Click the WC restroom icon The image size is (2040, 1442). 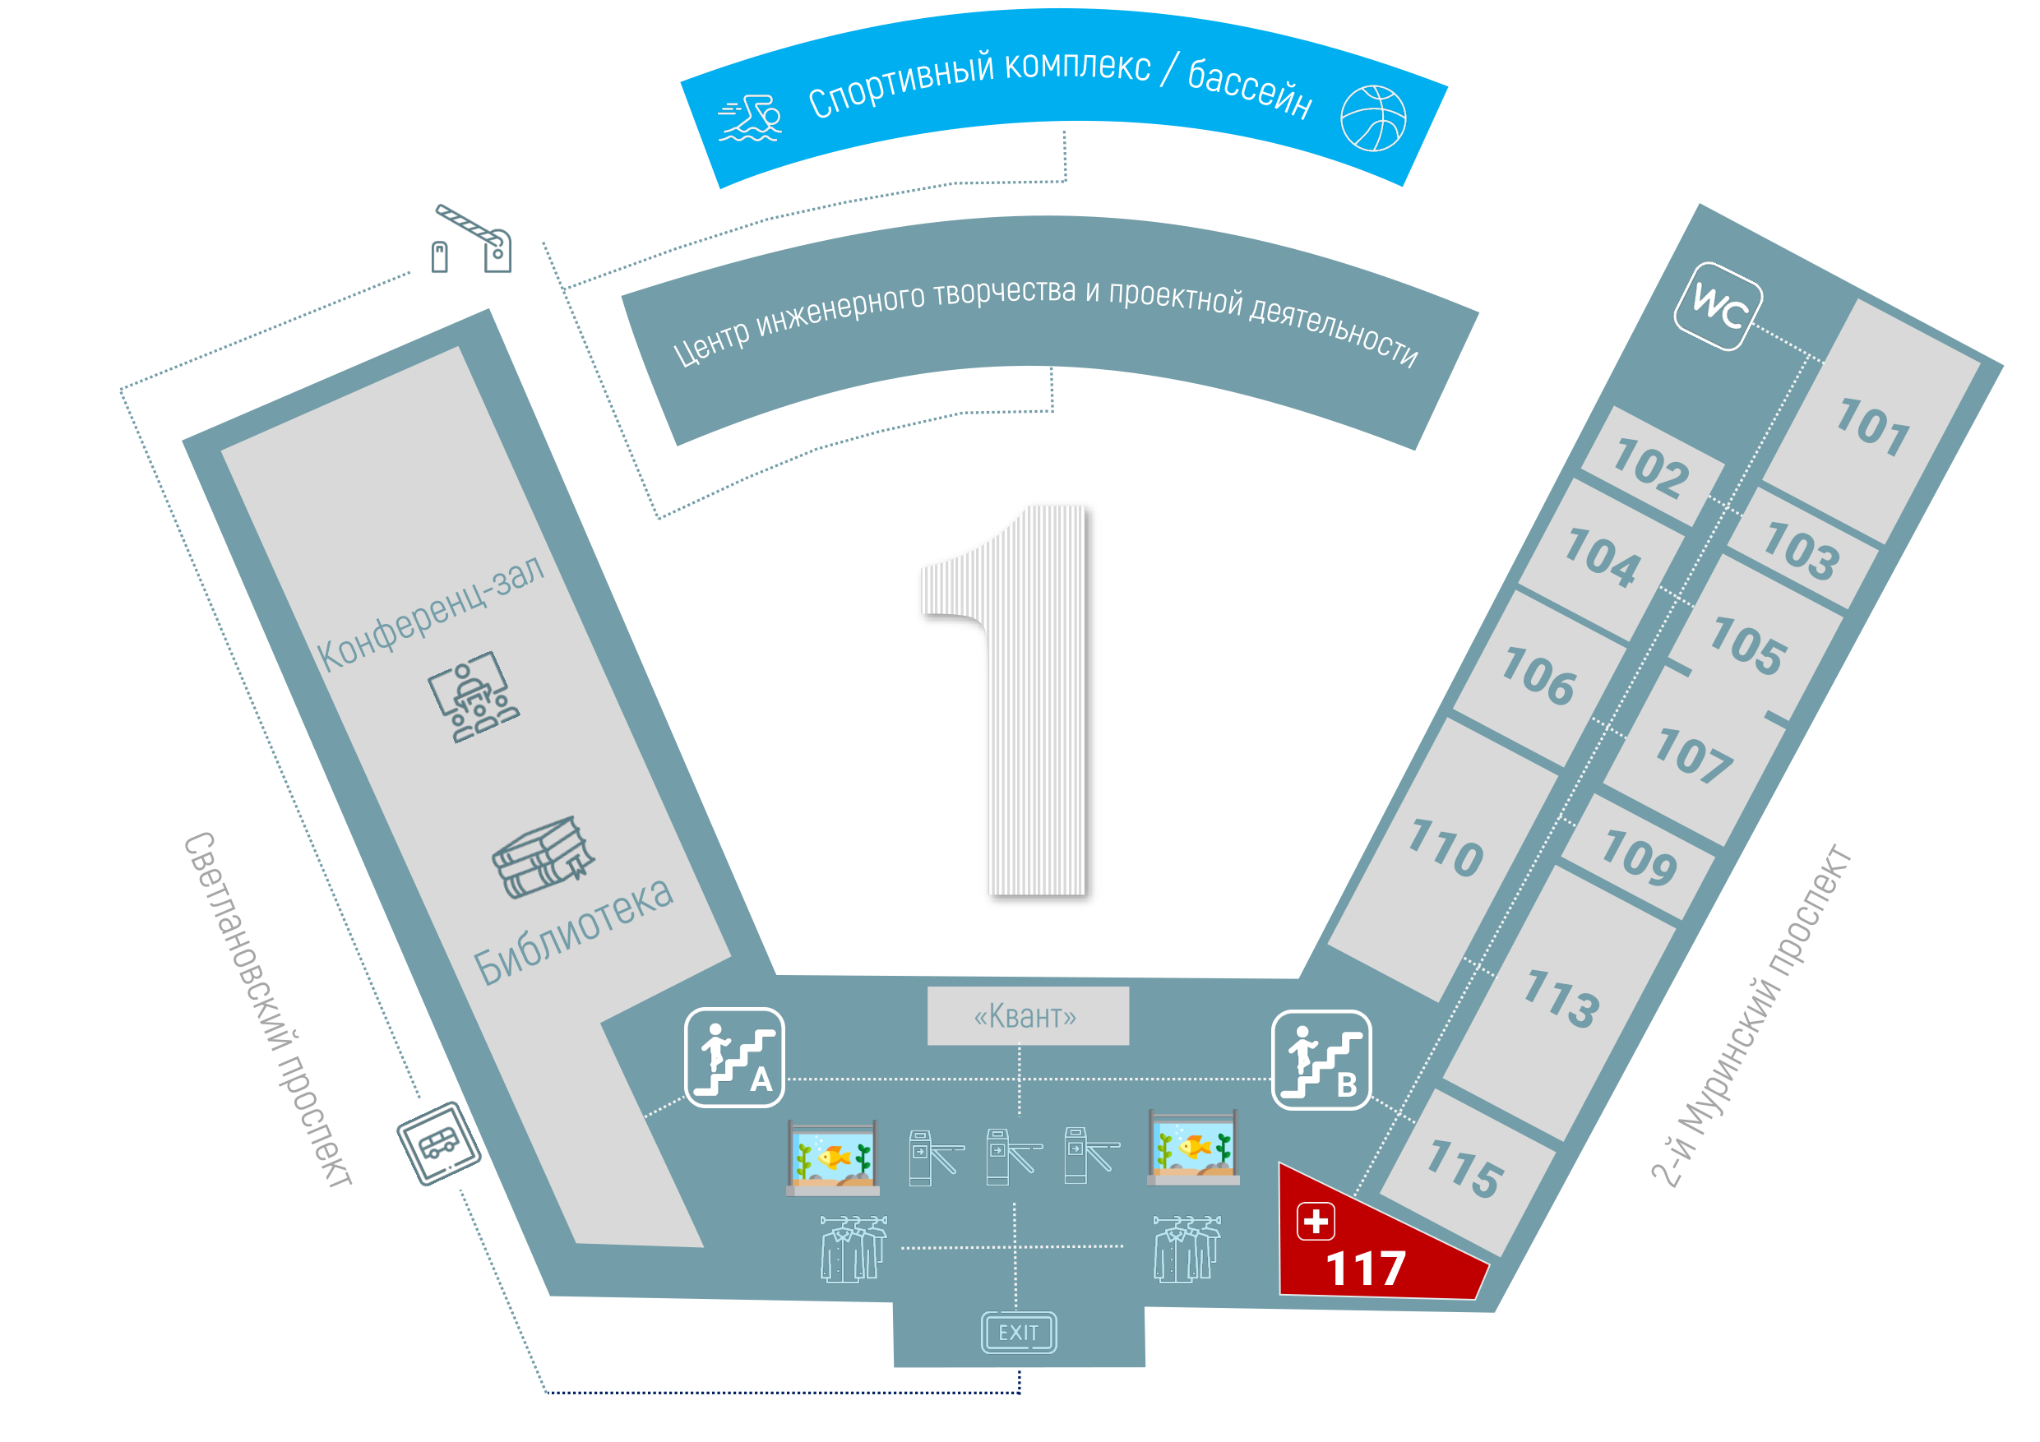pos(1718,307)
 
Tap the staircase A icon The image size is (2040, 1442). pos(734,1057)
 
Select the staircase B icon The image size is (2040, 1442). pos(1321,1060)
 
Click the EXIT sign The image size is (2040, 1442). pos(1018,1332)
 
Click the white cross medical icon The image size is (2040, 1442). pos(1315,1221)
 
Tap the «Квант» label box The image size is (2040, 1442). pos(1028,1015)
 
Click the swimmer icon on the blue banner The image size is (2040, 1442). pos(751,118)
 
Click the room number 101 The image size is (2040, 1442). pos(1873,428)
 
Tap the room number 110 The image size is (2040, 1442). pos(1446,848)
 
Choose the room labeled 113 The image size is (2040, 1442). pos(1562,999)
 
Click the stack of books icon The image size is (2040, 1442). pos(543,857)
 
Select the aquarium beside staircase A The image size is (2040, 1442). pos(832,1157)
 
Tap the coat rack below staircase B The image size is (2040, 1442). pos(1187,1248)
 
